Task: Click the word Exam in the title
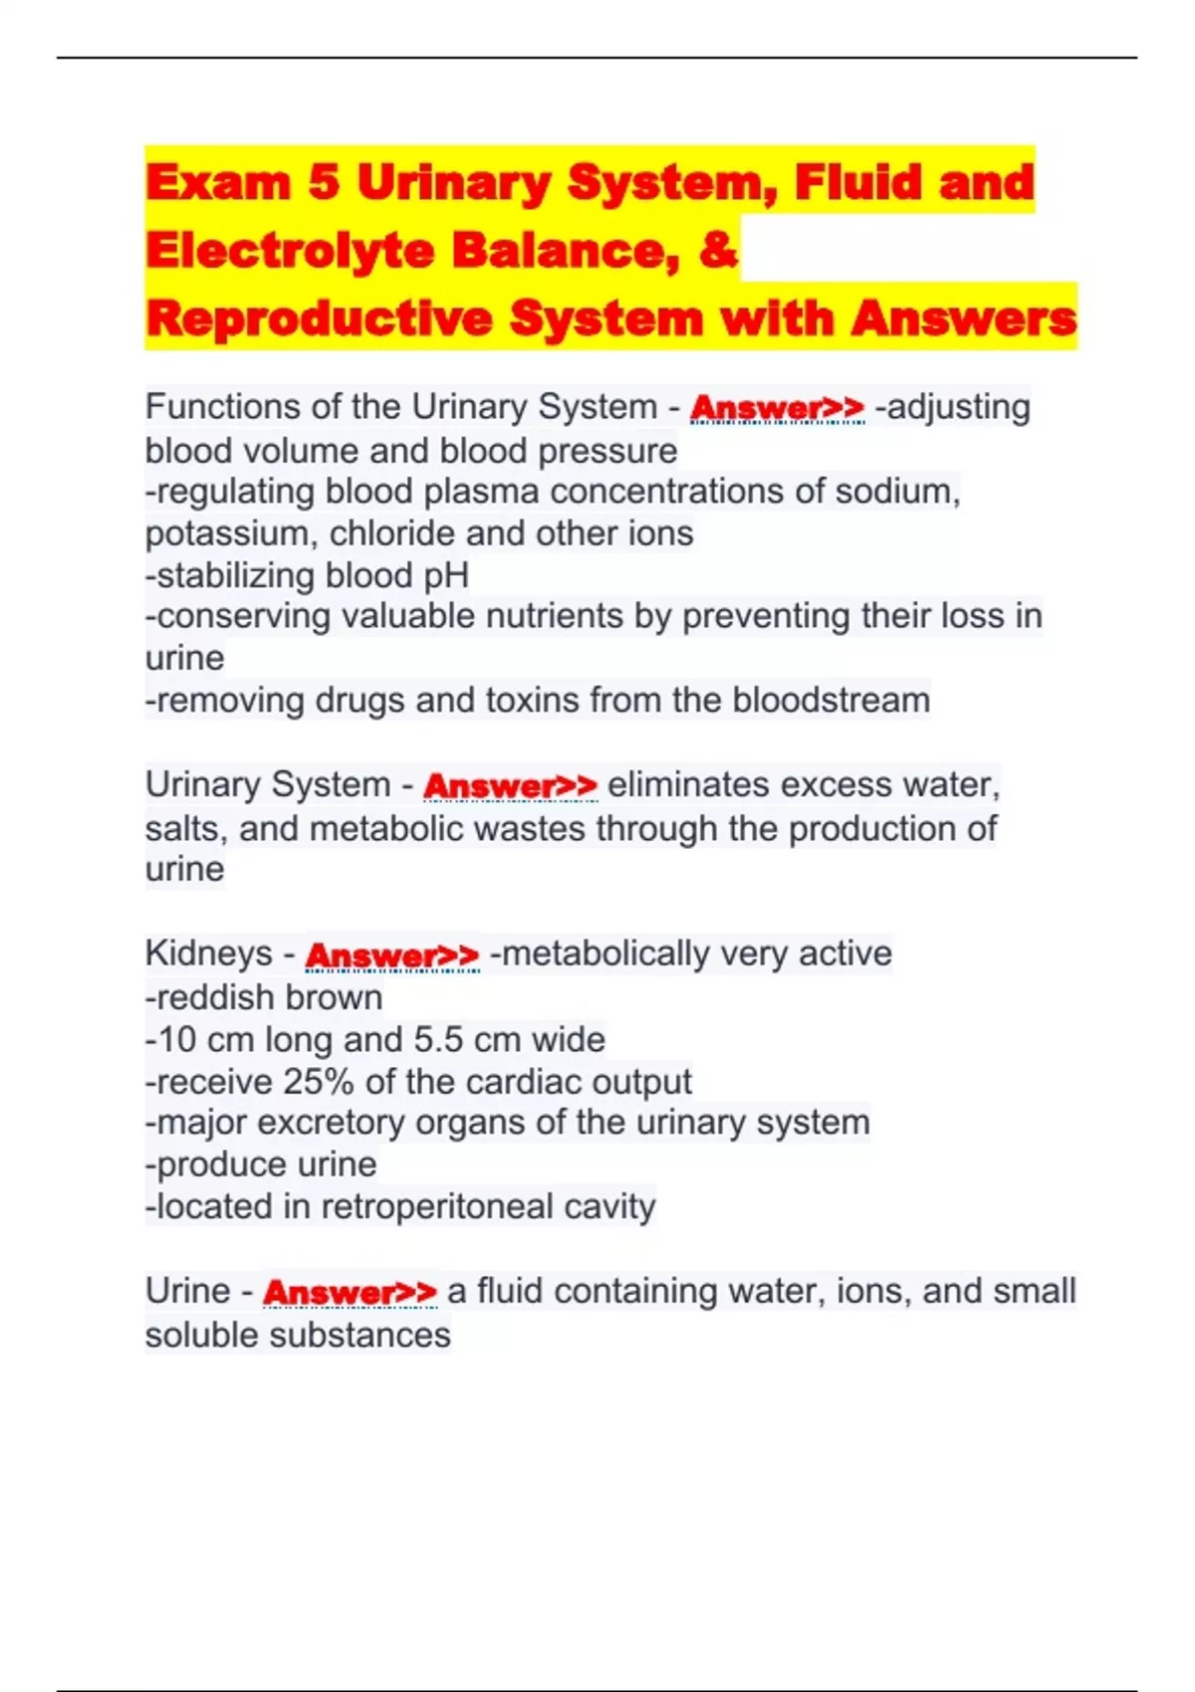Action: coord(218,183)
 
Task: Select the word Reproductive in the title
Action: coord(319,318)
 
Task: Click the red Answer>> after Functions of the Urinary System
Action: coord(777,407)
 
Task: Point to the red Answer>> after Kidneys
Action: coord(391,954)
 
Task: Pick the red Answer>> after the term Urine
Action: coord(350,1292)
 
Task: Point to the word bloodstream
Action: coord(831,701)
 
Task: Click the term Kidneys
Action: coord(208,953)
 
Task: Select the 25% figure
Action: coord(319,1082)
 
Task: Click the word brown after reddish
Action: coord(338,997)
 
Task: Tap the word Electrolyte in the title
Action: coord(290,250)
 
